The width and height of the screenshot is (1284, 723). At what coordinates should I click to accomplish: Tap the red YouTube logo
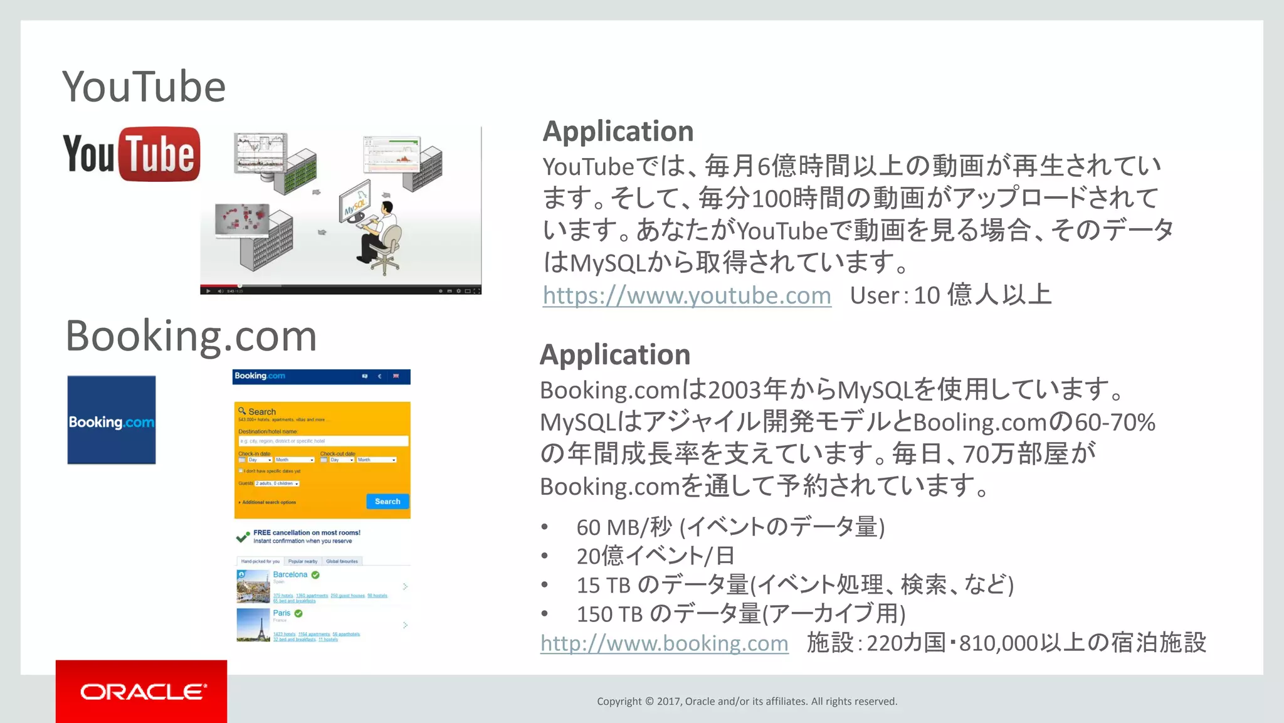coord(132,154)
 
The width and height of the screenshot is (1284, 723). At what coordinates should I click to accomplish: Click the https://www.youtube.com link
coord(687,295)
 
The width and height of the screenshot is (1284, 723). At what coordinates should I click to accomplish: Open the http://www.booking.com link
coord(664,643)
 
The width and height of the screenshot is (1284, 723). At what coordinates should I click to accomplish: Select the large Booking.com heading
coord(191,336)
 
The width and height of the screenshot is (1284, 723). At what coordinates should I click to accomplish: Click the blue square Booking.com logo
coord(112,420)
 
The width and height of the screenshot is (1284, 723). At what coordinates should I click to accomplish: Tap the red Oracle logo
coord(142,692)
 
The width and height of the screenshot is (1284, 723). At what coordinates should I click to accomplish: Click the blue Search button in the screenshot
coord(387,502)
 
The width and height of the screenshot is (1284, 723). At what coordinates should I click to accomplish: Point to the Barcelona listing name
coord(290,574)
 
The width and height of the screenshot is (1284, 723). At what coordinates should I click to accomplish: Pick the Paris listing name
coord(282,613)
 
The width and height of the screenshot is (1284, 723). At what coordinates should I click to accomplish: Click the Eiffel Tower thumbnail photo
coord(253,625)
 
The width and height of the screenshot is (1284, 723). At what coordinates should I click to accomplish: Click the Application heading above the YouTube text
coord(618,132)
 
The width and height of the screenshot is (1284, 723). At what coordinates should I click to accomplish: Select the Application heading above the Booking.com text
coord(615,355)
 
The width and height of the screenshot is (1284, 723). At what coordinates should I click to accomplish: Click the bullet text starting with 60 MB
coord(730,527)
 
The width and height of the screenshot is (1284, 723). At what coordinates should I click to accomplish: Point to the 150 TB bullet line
coord(741,614)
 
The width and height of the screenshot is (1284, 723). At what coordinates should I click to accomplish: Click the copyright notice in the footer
coord(747,702)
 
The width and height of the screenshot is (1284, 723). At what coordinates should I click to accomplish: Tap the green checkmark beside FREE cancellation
coord(243,537)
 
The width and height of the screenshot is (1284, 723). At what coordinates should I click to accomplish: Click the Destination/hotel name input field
coord(323,441)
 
